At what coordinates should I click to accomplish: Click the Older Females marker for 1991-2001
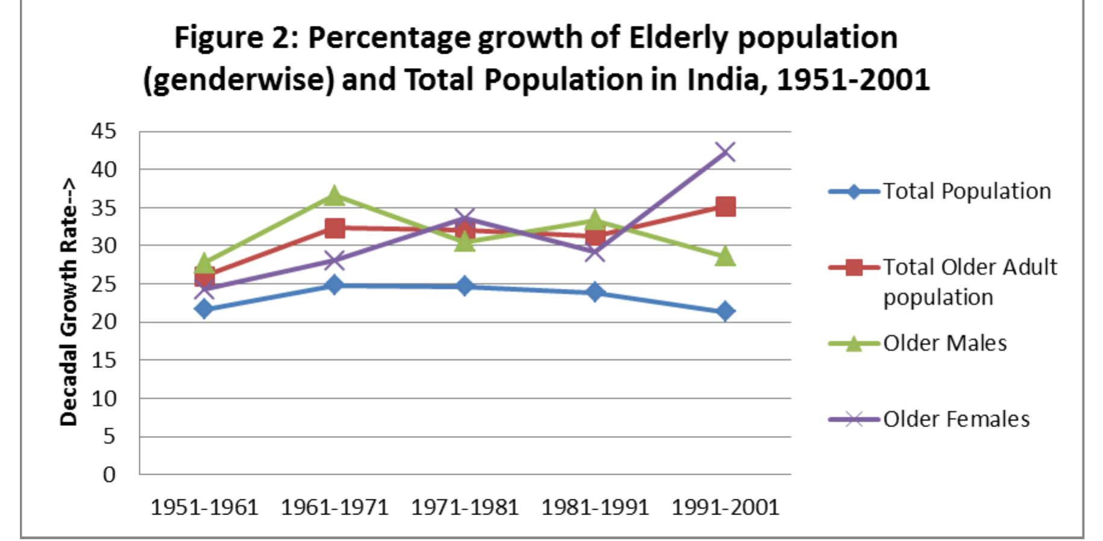pyautogui.click(x=725, y=152)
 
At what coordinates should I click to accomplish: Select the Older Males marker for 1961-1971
pyautogui.click(x=335, y=195)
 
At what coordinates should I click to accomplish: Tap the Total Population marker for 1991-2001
pyautogui.click(x=725, y=311)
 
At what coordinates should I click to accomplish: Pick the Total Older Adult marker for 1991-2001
pyautogui.click(x=725, y=207)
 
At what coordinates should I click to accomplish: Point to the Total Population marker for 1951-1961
pyautogui.click(x=204, y=309)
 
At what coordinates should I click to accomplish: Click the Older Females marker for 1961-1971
pyautogui.click(x=335, y=261)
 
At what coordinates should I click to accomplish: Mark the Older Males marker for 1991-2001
pyautogui.click(x=725, y=256)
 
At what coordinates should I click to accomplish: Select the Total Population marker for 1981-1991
pyautogui.click(x=595, y=293)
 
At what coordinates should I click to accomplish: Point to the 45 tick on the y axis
pyautogui.click(x=104, y=131)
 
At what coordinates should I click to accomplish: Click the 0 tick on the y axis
pyautogui.click(x=108, y=475)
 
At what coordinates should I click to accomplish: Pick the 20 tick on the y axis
pyautogui.click(x=104, y=322)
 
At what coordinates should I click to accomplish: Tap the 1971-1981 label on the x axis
pyautogui.click(x=465, y=507)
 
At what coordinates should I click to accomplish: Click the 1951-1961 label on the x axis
pyautogui.click(x=204, y=507)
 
